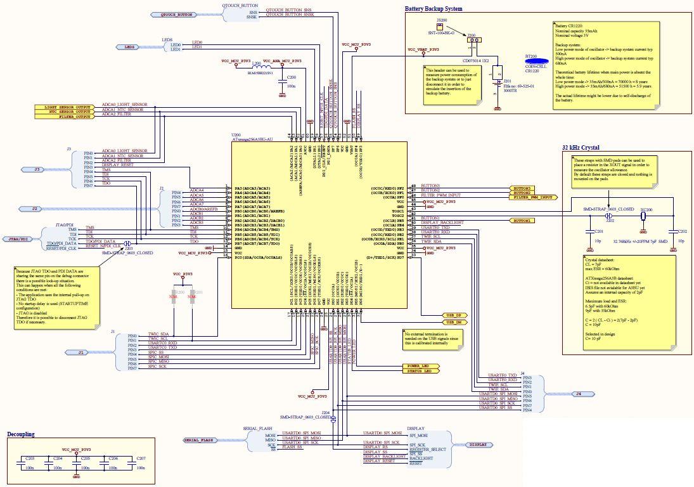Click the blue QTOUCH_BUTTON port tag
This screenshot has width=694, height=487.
point(176,14)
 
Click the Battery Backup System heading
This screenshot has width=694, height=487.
point(434,9)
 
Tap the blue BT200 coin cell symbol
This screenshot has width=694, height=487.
point(536,62)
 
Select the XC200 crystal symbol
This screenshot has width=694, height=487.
point(643,216)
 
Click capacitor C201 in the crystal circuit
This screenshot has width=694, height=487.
point(589,232)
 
